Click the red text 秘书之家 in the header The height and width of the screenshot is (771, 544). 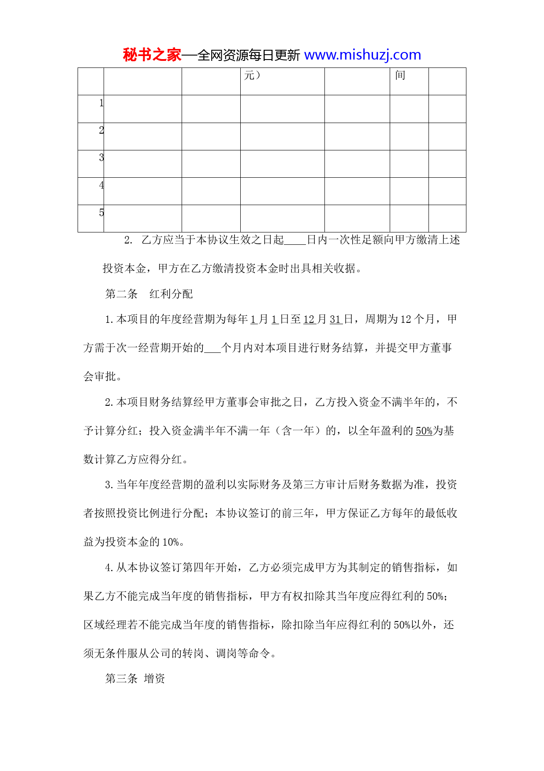pos(152,55)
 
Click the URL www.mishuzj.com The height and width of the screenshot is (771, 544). pos(362,55)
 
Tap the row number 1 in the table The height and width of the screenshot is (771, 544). pos(101,103)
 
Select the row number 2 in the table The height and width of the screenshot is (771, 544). pos(101,130)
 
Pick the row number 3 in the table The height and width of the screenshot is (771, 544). pos(101,157)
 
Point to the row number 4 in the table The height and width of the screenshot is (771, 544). pos(101,185)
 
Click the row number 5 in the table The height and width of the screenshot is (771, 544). pos(101,213)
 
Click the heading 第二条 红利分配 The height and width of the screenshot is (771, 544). pos(149,294)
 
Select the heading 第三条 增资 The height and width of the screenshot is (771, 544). pos(135,678)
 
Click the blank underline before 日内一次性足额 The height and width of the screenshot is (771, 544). pos(295,240)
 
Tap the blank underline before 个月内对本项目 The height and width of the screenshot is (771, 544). pos(213,348)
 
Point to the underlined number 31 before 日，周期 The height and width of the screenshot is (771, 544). pos(335,319)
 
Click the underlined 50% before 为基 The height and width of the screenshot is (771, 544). pos(424,431)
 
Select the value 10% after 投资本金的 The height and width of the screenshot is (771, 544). pos(171,542)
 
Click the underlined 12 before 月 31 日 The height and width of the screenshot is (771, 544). pos(309,319)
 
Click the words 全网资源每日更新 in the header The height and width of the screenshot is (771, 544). pos(249,55)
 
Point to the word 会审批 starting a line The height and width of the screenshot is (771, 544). pos(100,376)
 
